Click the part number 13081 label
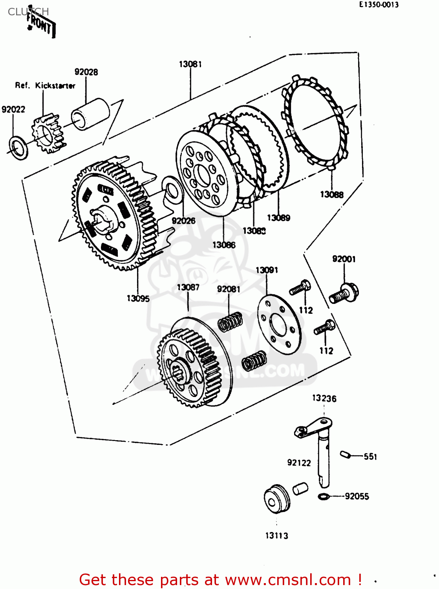point(190,64)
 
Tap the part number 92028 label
point(86,72)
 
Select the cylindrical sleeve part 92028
point(90,113)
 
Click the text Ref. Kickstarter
point(45,86)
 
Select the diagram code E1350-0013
point(379,5)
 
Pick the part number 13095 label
point(138,298)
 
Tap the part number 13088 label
point(331,194)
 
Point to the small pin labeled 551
point(345,454)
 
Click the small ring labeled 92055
point(323,497)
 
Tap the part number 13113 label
point(276,536)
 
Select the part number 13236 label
point(324,399)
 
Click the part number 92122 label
point(299,463)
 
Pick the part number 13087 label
point(188,287)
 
